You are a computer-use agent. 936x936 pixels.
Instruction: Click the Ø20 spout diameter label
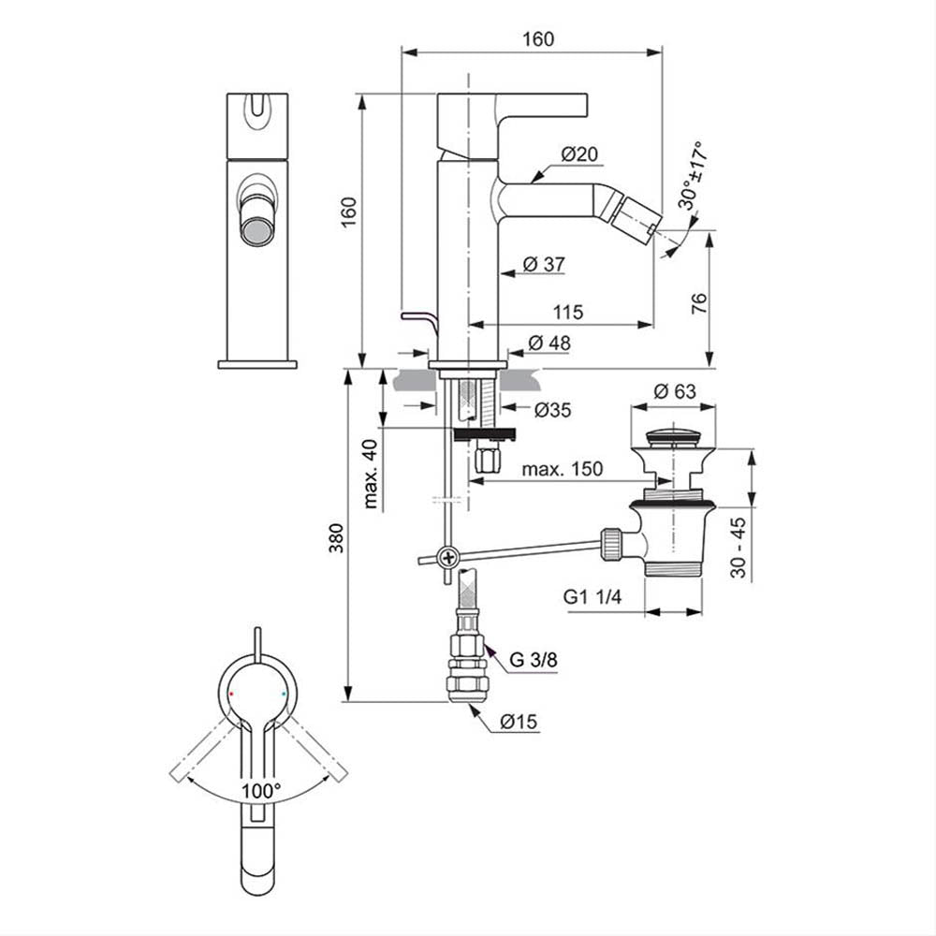[x=579, y=154]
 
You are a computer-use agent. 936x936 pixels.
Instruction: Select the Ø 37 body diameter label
[x=544, y=264]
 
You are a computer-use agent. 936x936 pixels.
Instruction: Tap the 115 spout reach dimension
[x=568, y=312]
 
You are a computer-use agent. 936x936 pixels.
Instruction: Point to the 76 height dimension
[x=698, y=304]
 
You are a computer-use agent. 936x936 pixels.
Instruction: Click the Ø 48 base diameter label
[x=549, y=343]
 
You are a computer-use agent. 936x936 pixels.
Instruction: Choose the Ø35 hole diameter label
[x=552, y=410]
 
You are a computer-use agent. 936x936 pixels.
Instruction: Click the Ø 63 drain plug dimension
[x=675, y=391]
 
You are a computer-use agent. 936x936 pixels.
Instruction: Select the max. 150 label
[x=563, y=469]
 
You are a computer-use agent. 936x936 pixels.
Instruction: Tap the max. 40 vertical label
[x=371, y=474]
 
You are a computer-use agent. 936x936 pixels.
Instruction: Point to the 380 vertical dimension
[x=337, y=538]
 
